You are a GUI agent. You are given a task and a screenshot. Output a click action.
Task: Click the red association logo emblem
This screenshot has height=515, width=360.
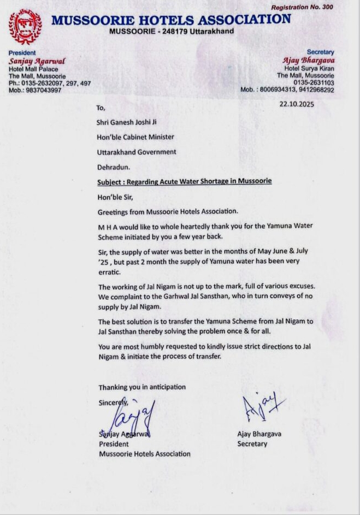(x=25, y=26)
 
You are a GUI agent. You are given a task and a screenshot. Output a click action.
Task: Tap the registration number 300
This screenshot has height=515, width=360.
(x=340, y=7)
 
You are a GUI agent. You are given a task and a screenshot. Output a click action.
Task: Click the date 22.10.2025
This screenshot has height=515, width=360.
(x=296, y=104)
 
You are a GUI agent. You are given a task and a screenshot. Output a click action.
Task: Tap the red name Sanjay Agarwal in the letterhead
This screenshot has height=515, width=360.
(x=29, y=62)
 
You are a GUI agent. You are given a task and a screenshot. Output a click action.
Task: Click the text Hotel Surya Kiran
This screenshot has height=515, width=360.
(x=309, y=68)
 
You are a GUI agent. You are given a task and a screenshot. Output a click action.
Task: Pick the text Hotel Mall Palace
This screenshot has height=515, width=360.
(x=33, y=69)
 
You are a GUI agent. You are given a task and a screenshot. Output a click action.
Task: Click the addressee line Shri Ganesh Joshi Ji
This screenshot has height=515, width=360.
(x=126, y=122)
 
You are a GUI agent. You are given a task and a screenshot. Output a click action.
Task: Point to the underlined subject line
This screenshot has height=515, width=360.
(x=185, y=181)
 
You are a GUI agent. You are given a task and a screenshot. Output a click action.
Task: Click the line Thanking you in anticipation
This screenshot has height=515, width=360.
(x=142, y=387)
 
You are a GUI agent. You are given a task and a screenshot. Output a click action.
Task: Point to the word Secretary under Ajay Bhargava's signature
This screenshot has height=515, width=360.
(x=252, y=444)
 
